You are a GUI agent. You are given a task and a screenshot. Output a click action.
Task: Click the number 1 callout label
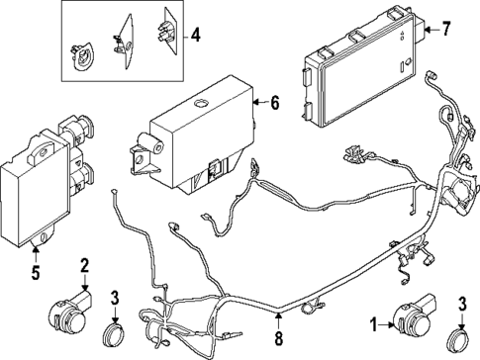click(373, 322)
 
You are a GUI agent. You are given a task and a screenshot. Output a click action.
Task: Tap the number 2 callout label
click(85, 265)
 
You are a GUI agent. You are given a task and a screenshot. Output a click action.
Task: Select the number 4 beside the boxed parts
click(196, 37)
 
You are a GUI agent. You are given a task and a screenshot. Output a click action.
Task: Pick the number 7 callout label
click(445, 29)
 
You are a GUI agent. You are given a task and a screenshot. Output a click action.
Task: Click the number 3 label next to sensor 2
click(116, 298)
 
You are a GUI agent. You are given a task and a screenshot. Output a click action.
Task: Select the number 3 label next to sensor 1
click(461, 303)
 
